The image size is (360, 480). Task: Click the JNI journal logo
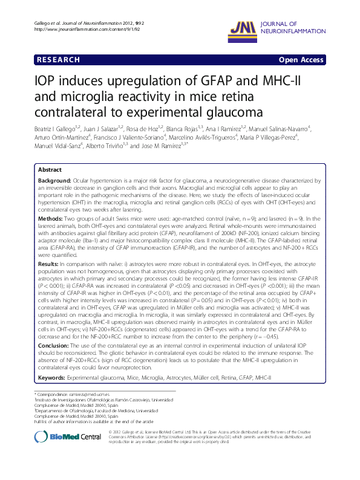(243, 27)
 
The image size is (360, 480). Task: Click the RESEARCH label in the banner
(58, 60)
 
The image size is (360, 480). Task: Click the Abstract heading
(50, 170)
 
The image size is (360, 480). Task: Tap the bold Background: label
(55, 181)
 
